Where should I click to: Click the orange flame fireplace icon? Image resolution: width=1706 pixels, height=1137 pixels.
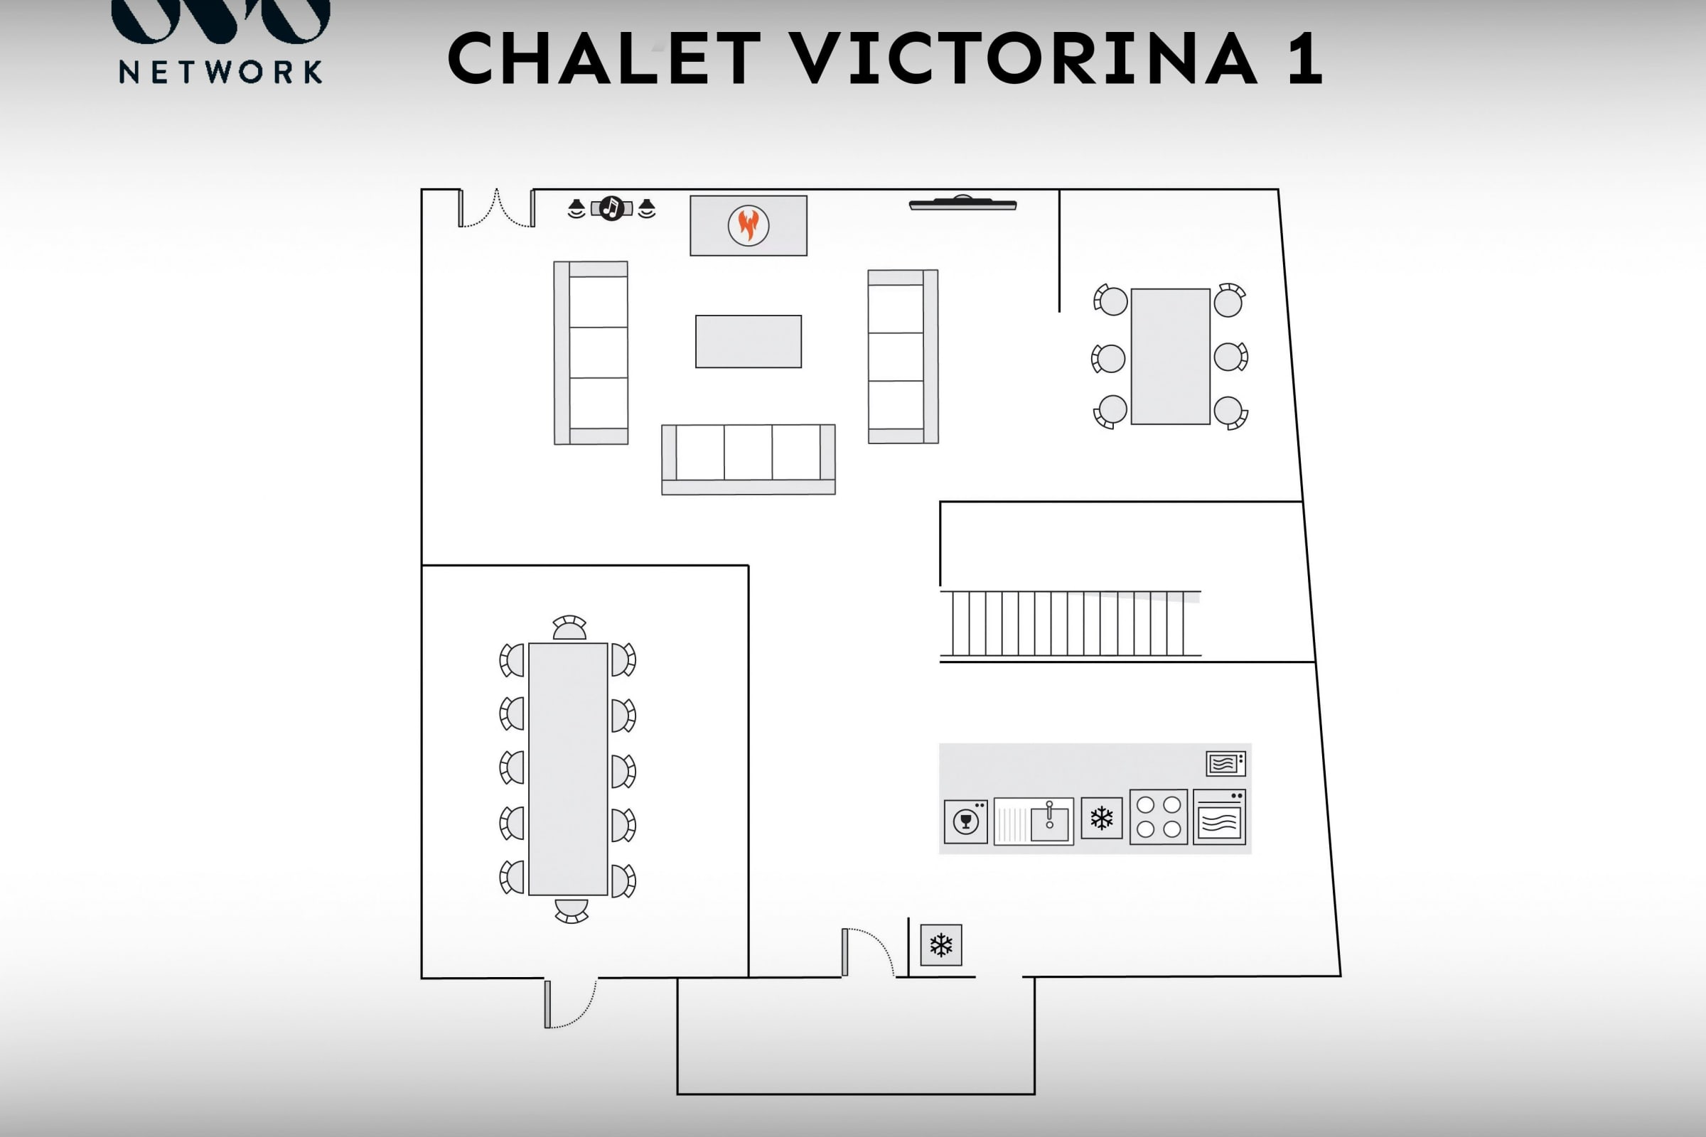point(748,225)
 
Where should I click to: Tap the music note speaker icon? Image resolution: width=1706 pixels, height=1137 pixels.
point(611,209)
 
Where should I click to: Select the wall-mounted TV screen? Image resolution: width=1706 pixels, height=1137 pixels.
point(962,204)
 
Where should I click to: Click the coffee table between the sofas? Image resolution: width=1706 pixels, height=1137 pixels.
point(748,342)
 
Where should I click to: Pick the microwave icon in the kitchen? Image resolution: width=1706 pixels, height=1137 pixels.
point(1225,763)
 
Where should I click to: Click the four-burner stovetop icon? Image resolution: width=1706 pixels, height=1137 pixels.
point(1159,817)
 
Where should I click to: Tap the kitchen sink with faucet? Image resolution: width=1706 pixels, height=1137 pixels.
point(1033,821)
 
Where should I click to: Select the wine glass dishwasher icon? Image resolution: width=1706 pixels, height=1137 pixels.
point(965,821)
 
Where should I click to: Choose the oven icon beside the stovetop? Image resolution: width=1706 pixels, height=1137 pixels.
point(1219,817)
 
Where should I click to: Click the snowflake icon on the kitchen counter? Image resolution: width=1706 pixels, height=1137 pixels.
point(1101,818)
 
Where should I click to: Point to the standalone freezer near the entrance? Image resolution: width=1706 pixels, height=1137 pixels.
point(940,945)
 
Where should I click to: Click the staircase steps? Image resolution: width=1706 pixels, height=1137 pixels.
point(1070,624)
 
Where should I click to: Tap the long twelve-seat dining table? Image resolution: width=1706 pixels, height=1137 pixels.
point(568,769)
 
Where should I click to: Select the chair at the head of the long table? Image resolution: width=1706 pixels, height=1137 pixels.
point(569,628)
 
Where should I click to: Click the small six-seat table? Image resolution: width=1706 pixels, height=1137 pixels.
point(1170,356)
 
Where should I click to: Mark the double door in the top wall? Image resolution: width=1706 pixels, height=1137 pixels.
point(497,208)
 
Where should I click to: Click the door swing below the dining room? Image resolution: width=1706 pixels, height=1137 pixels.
point(571,1003)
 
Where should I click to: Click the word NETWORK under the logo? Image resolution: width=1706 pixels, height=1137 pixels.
point(220,72)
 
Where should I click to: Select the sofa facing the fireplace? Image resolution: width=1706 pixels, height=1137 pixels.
point(748,459)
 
